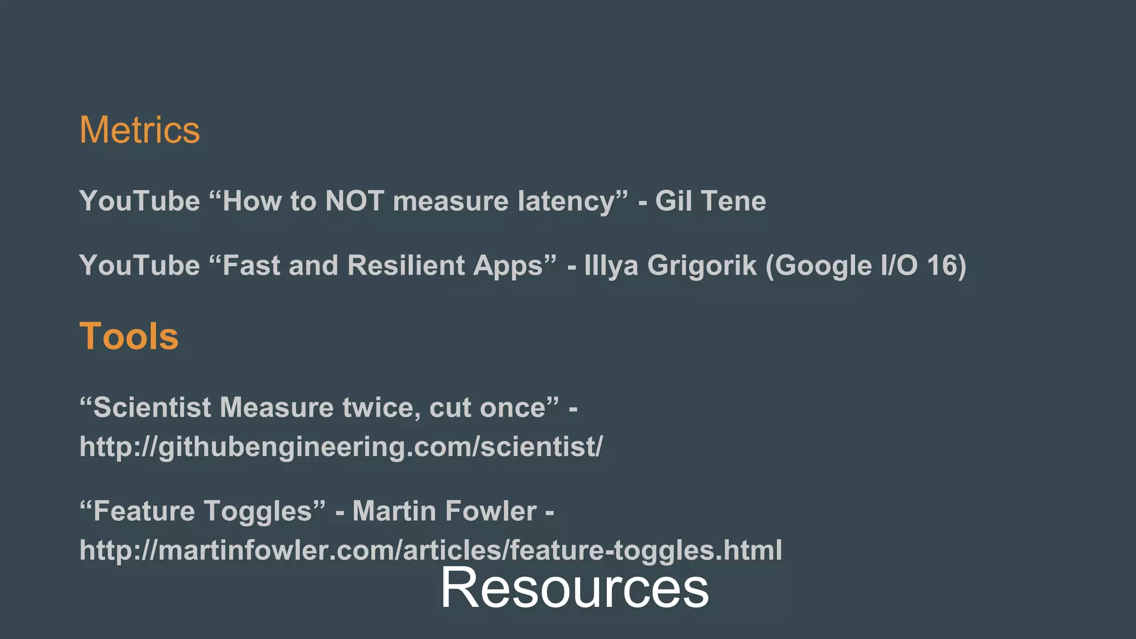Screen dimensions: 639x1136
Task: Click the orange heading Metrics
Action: tap(139, 130)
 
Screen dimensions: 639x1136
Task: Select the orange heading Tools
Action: tap(129, 336)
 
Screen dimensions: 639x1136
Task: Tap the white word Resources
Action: tap(574, 588)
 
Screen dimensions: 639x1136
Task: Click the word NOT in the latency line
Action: tap(354, 201)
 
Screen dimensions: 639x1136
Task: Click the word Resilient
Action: tap(406, 265)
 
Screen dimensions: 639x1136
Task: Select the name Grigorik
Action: tap(702, 265)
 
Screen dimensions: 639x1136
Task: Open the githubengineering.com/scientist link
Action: tap(341, 447)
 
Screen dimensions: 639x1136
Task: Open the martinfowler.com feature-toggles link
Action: tap(430, 550)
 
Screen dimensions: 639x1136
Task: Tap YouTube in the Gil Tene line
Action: tap(139, 201)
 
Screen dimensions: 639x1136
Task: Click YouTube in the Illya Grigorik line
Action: tap(139, 265)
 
